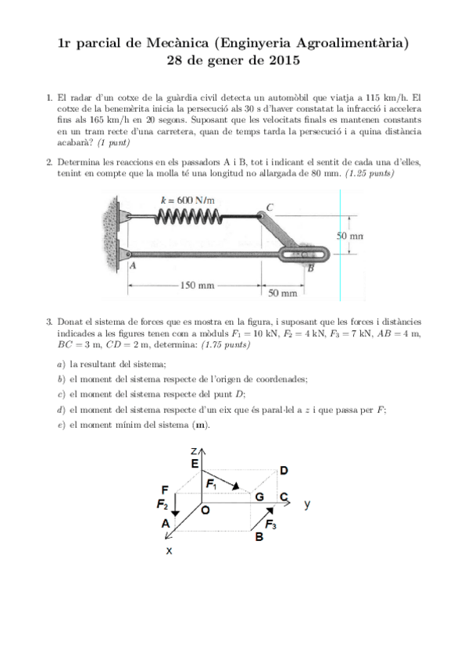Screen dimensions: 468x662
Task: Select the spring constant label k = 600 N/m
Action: pyautogui.click(x=187, y=200)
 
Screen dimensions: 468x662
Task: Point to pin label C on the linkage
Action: pyautogui.click(x=270, y=207)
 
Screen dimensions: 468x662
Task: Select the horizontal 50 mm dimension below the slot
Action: pyautogui.click(x=283, y=293)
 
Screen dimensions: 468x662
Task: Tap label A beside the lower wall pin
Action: pyautogui.click(x=133, y=265)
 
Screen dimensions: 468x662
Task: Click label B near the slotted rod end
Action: pyautogui.click(x=310, y=268)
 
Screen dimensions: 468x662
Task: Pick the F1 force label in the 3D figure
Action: pyautogui.click(x=211, y=484)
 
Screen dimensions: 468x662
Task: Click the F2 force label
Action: pyautogui.click(x=163, y=504)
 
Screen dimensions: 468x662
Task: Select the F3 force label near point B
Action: pyautogui.click(x=271, y=525)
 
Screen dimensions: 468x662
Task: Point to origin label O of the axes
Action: pyautogui.click(x=205, y=511)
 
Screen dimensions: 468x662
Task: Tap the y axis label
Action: pyautogui.click(x=307, y=504)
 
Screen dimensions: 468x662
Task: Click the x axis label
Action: pyautogui.click(x=169, y=551)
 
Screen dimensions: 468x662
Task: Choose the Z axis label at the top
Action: pyautogui.click(x=195, y=450)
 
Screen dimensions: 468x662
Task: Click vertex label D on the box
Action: pyautogui.click(x=284, y=470)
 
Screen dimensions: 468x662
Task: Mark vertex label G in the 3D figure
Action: pyautogui.click(x=259, y=497)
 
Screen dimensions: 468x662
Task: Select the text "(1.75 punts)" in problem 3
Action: pyautogui.click(x=226, y=344)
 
